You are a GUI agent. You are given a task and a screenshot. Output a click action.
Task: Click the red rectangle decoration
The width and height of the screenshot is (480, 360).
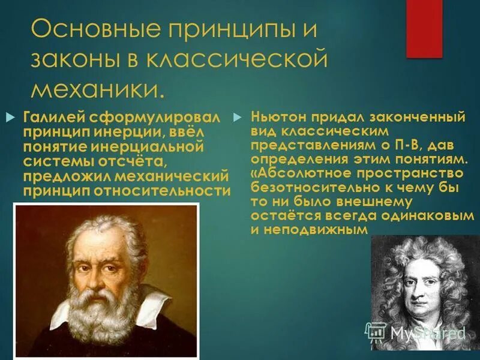pyautogui.click(x=424, y=29)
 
